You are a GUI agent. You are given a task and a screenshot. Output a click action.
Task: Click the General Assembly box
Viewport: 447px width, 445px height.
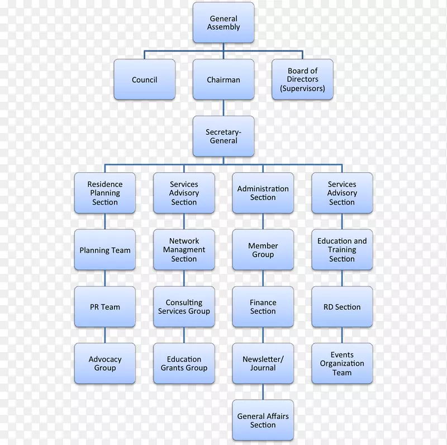pyautogui.click(x=223, y=23)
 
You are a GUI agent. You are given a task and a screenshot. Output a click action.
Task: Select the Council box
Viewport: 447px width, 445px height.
pyautogui.click(x=145, y=80)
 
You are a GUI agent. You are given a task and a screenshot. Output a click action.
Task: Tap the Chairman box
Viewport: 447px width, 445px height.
pyautogui.click(x=223, y=80)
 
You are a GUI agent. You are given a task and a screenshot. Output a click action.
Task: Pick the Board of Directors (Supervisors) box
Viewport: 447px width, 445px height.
pyautogui.click(x=302, y=80)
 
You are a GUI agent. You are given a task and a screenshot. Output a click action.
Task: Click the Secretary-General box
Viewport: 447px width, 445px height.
pyautogui.click(x=223, y=136)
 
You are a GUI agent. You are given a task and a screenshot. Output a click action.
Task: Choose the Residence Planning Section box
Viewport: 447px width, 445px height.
pyautogui.click(x=105, y=193)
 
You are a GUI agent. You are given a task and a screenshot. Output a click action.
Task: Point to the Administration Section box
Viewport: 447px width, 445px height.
pyautogui.click(x=263, y=193)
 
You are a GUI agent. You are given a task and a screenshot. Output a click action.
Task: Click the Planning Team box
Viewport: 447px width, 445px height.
pyautogui.click(x=105, y=250)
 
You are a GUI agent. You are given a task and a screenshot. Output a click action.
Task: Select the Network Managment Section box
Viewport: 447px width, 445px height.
pyautogui.click(x=184, y=250)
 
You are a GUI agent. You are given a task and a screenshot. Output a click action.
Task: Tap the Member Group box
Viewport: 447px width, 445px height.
pyautogui.click(x=263, y=250)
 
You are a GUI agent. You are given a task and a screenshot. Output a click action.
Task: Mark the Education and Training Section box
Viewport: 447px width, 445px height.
pyautogui.click(x=342, y=250)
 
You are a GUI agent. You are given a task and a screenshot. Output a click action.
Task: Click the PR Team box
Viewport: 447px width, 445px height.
pyautogui.click(x=105, y=307)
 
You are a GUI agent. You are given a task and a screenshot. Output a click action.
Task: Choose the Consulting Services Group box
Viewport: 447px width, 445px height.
pyautogui.click(x=184, y=307)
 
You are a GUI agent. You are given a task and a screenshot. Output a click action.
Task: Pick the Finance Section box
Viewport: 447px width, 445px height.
pyautogui.click(x=263, y=307)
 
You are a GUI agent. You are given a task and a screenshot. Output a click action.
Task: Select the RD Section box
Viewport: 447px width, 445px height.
pyautogui.click(x=342, y=307)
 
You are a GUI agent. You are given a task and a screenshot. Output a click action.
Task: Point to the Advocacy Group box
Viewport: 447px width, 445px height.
pyautogui.click(x=105, y=363)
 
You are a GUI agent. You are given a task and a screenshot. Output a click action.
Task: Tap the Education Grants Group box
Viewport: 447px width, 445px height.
pyautogui.click(x=184, y=363)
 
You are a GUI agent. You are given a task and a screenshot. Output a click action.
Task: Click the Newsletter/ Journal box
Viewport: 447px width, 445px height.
pyautogui.click(x=263, y=363)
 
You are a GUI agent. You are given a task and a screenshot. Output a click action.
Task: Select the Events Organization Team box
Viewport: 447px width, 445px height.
pyautogui.click(x=342, y=363)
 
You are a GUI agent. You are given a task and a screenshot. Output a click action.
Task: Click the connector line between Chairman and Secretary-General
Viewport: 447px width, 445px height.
pyautogui.click(x=223, y=108)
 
